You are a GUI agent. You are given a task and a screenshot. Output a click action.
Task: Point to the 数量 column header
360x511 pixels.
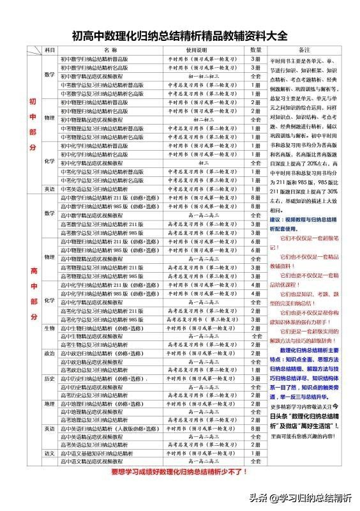coord(256,49)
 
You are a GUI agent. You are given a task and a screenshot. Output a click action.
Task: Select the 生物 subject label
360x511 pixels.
coord(50,328)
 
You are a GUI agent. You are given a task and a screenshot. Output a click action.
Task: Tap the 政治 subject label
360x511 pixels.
coord(50,353)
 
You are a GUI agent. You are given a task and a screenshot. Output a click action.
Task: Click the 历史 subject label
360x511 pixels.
coord(50,378)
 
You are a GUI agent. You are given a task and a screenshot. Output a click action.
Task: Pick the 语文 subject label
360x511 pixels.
coord(50,453)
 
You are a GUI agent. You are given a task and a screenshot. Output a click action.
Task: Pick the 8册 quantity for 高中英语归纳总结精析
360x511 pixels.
coord(256,429)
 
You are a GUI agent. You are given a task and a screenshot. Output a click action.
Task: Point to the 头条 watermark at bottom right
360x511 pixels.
coord(309,499)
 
